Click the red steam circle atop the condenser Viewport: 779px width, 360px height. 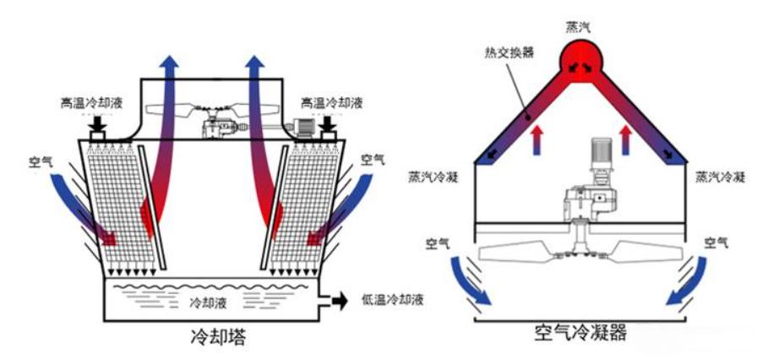tap(580, 62)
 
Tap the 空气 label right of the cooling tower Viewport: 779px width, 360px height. tap(373, 159)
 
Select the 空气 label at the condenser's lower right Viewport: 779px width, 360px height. tap(719, 243)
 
